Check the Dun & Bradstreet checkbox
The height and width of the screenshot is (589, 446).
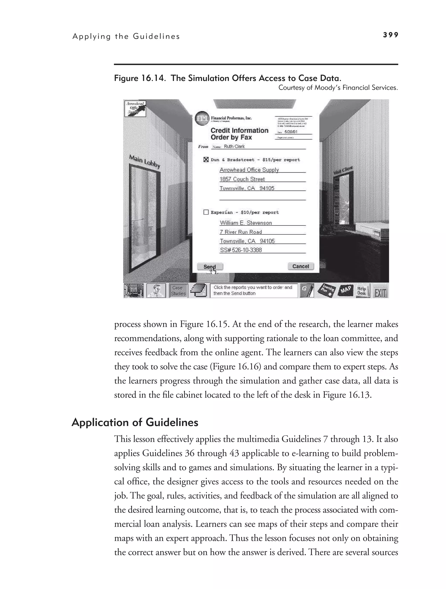click(206, 160)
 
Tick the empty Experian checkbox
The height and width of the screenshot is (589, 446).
click(206, 212)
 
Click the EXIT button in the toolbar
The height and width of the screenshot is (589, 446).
click(380, 291)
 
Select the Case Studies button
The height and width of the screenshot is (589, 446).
click(178, 291)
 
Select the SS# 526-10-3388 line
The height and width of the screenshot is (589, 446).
click(241, 250)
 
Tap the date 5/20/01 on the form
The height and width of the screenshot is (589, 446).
click(291, 132)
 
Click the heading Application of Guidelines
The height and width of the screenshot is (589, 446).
click(135, 422)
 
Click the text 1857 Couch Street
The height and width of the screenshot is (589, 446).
click(242, 179)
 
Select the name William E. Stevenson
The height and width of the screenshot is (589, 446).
click(246, 223)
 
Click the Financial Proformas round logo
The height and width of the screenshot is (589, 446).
click(202, 118)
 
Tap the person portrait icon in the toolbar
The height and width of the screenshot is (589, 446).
click(156, 291)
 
